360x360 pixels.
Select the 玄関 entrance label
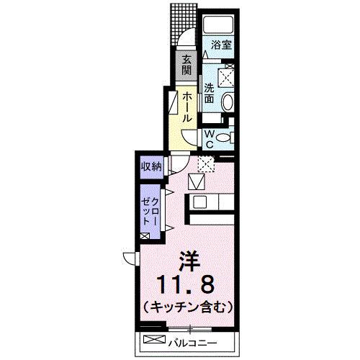(x=186, y=64)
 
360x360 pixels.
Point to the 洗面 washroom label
(x=210, y=93)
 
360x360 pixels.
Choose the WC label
(x=209, y=138)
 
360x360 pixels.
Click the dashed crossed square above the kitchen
(x=206, y=164)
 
